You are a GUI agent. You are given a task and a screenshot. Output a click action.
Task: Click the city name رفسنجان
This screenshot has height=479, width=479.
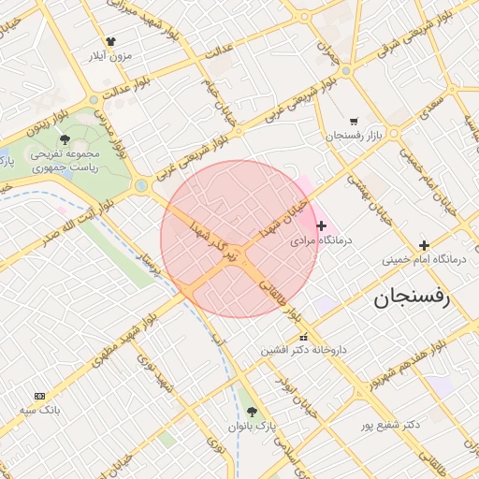pyautogui.click(x=412, y=298)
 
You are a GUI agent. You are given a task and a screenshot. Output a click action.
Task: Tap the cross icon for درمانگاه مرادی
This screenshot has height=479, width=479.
pyautogui.click(x=322, y=225)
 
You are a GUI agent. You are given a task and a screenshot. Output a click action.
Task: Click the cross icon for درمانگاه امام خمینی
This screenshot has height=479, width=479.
pyautogui.click(x=425, y=245)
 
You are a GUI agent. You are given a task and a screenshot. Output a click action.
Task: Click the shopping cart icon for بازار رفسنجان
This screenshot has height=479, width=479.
pyautogui.click(x=353, y=122)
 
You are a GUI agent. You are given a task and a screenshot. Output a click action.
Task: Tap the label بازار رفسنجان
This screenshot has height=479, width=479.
pyautogui.click(x=355, y=137)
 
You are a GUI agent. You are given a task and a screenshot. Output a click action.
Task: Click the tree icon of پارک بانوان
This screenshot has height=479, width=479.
pyautogui.click(x=252, y=412)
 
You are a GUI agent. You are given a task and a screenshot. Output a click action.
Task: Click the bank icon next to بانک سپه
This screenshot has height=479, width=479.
pyautogui.click(x=38, y=396)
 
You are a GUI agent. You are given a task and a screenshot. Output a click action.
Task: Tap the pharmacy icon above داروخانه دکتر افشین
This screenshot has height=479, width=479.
pyautogui.click(x=302, y=337)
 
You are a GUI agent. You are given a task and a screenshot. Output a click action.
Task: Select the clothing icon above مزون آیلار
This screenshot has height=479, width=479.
pyautogui.click(x=111, y=42)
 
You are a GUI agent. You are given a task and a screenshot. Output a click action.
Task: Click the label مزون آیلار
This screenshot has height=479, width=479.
pyautogui.click(x=111, y=56)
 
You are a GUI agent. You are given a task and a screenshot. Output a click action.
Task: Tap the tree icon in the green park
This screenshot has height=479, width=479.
pyautogui.click(x=65, y=139)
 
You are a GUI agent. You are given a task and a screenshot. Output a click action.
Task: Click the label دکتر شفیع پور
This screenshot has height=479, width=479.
pyautogui.click(x=387, y=425)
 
